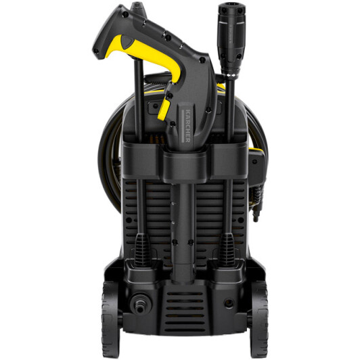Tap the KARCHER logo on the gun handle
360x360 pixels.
click(187, 126)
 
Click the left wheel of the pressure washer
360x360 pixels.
click(110, 319)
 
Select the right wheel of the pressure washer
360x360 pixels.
click(259, 319)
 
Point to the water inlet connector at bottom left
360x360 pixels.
click(139, 305)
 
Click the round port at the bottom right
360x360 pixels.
click(229, 304)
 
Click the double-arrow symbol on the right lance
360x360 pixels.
click(231, 75)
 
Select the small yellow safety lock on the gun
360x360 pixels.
click(164, 110)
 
